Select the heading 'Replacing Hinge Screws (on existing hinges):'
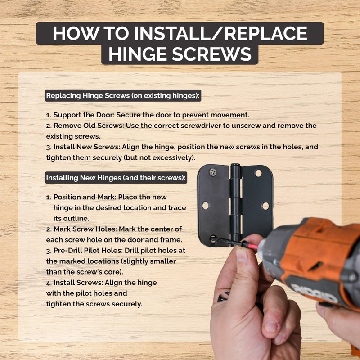(123, 96)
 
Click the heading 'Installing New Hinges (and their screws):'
(116, 178)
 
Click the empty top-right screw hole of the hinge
(258, 173)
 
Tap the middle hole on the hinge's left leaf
(205, 205)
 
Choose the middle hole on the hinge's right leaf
(265, 206)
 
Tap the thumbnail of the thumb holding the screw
(242, 255)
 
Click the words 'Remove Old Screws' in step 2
(89, 126)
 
